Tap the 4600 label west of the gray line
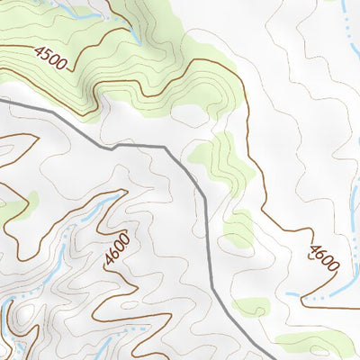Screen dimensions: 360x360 click(117, 249)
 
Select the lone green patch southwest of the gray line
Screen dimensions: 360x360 click(33, 199)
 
